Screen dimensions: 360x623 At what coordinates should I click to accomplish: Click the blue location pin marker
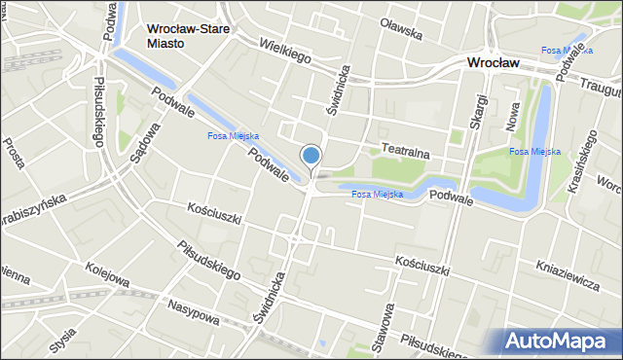point(311,156)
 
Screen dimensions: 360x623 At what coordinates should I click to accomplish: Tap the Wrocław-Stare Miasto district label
point(189,37)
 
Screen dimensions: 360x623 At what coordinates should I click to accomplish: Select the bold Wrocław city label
point(492,62)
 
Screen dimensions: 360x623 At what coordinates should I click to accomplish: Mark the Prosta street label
point(15,153)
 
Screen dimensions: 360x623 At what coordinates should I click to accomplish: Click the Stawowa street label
point(386,327)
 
